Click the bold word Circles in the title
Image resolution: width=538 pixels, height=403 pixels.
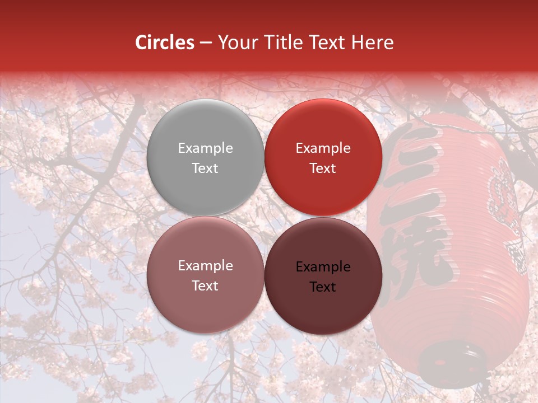(x=165, y=43)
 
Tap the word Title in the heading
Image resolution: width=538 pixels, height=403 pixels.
(x=283, y=43)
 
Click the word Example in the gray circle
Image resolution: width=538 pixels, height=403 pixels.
(x=205, y=148)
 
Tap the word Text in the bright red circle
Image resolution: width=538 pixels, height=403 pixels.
(x=323, y=168)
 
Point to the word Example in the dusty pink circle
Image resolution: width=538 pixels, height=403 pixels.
(x=205, y=266)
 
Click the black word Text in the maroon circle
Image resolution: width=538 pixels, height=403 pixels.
(x=323, y=287)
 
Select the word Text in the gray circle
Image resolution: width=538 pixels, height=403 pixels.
(x=205, y=168)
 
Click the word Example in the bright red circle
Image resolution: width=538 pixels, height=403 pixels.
(x=323, y=148)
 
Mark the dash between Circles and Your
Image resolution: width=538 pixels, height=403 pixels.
(x=206, y=43)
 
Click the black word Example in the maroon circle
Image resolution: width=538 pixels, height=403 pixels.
(x=323, y=267)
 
